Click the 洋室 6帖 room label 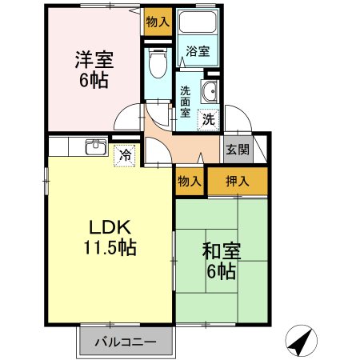tap(94, 70)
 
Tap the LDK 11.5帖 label tap(110, 237)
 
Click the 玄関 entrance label tap(237, 149)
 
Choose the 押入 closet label tap(238, 182)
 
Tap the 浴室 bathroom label tap(198, 51)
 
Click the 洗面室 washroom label tap(185, 101)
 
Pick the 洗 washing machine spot tap(208, 120)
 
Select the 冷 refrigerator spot tap(125, 154)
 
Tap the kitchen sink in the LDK tap(96, 147)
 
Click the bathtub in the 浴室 tap(198, 24)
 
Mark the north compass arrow tap(298, 342)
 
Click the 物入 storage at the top tap(157, 22)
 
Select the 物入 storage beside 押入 tap(190, 182)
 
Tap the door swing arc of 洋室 tap(128, 120)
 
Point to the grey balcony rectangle tap(125, 342)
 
